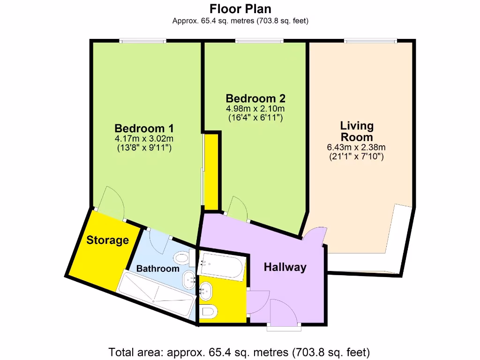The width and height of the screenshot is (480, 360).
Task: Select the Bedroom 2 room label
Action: click(x=255, y=98)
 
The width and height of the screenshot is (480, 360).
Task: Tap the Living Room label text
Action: click(x=357, y=131)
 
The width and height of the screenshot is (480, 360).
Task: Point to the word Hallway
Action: click(x=285, y=267)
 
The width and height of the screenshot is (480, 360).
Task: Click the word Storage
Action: click(x=107, y=240)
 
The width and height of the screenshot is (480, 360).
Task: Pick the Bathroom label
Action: click(x=157, y=269)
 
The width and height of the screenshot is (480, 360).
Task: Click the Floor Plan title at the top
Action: click(x=240, y=9)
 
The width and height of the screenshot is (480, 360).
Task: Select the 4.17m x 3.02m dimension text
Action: click(x=144, y=139)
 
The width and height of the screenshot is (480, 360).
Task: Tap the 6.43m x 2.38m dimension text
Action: click(x=357, y=147)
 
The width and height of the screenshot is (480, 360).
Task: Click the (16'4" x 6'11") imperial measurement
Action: click(x=255, y=118)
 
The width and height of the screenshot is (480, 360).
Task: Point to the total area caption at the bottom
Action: click(x=240, y=352)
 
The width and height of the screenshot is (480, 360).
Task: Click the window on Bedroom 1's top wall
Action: click(x=142, y=41)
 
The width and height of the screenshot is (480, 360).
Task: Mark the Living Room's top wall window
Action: click(x=371, y=41)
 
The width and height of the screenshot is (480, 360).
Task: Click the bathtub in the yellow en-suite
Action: click(x=221, y=266)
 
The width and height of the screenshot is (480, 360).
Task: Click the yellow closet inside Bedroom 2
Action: click(x=211, y=171)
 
